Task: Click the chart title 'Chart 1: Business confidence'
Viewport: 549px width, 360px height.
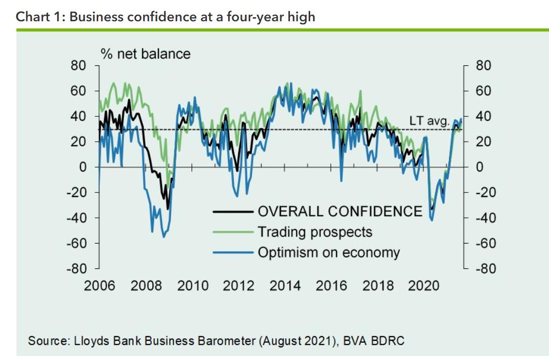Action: [165, 17]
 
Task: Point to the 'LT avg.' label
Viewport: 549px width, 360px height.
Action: [429, 121]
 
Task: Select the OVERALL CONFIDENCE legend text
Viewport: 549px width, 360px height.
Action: [340, 211]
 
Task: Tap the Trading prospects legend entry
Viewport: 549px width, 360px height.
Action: [315, 232]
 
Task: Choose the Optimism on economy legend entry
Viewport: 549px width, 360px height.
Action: [329, 252]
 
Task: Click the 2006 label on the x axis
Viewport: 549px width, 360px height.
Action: [99, 286]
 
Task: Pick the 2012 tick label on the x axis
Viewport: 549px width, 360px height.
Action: [239, 286]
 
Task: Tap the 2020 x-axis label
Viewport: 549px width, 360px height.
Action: [424, 286]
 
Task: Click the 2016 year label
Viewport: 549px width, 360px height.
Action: [331, 286]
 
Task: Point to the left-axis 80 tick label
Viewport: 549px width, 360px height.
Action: [79, 66]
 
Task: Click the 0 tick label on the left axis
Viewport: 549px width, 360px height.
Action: [82, 167]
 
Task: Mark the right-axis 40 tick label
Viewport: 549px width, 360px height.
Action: [483, 116]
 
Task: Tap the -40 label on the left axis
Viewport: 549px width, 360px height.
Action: [76, 218]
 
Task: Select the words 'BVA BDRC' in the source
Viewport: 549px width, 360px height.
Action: [373, 340]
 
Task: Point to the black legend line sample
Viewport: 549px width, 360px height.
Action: [233, 211]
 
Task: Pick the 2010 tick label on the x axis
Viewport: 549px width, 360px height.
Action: [193, 286]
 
